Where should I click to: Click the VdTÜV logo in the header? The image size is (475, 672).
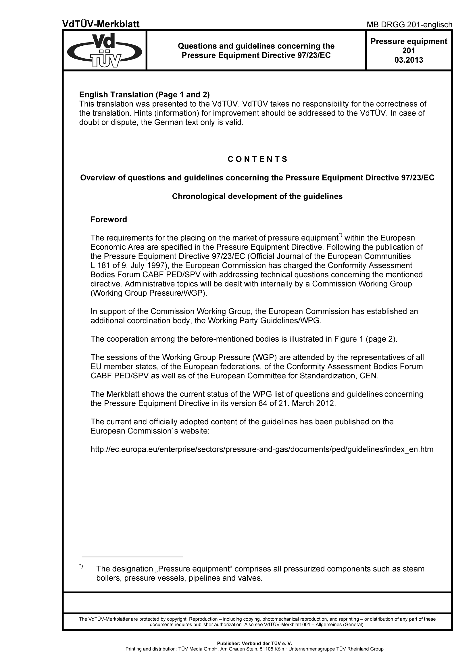coord(105,50)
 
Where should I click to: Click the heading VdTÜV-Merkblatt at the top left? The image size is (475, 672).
coord(101,24)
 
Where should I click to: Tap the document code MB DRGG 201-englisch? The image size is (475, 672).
coord(409,25)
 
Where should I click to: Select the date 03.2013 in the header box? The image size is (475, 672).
coord(409,60)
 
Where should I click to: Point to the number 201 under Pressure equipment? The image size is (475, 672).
coord(409,51)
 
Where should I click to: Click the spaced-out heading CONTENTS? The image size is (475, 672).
coord(257,159)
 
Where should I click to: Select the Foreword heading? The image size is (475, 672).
coord(109,219)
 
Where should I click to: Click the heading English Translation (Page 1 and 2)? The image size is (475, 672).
coord(145,95)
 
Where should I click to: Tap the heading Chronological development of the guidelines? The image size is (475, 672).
coord(257,196)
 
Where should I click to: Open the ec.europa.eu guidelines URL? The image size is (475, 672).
coord(262,449)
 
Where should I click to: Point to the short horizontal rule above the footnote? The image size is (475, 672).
coord(132,556)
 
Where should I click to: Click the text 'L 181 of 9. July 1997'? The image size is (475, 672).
coord(128,265)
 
